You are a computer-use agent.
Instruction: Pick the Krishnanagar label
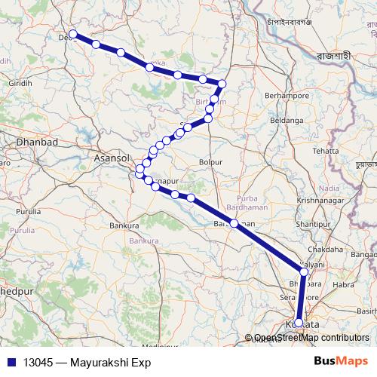(320, 200)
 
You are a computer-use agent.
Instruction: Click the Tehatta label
(326, 151)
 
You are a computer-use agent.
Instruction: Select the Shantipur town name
(315, 225)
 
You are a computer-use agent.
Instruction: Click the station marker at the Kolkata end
(299, 323)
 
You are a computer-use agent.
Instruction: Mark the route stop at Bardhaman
(234, 223)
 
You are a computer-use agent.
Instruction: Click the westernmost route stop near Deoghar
(73, 35)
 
